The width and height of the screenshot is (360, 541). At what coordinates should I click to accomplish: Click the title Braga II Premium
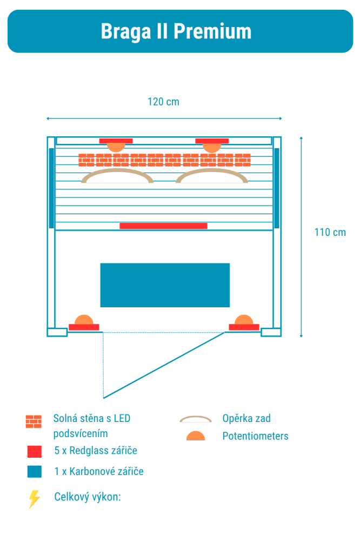coord(176,31)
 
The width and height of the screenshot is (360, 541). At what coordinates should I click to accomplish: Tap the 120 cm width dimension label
coord(163,102)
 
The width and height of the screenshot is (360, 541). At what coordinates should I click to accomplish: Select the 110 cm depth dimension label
coord(330,232)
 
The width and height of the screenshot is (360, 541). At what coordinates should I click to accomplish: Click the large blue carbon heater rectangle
coord(165,285)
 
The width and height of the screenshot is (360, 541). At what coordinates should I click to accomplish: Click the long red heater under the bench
coord(163,226)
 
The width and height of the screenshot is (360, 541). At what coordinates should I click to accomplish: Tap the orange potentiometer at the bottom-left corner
coord(84,320)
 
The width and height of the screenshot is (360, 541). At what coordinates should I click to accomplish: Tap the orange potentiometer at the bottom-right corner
coord(244,320)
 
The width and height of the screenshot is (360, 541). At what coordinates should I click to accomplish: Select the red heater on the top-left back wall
coord(116,141)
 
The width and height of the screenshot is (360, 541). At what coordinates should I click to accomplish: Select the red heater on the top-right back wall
coord(212,141)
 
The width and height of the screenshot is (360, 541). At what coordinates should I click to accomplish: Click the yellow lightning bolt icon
coord(34,499)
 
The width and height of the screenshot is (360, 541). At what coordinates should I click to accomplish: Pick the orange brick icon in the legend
coord(34,421)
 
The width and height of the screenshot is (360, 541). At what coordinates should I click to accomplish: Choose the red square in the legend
coord(35,451)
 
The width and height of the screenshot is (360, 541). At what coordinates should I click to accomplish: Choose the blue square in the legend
coord(35,472)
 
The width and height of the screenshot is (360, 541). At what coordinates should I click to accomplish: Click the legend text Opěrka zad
coord(246,419)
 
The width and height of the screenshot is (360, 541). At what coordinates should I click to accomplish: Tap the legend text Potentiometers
coord(256,436)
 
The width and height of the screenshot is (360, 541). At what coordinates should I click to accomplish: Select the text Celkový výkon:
coord(88,497)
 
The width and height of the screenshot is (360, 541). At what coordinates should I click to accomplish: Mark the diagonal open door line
coord(164,365)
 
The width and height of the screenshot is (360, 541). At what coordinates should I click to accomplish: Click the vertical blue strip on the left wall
coord(51,188)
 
